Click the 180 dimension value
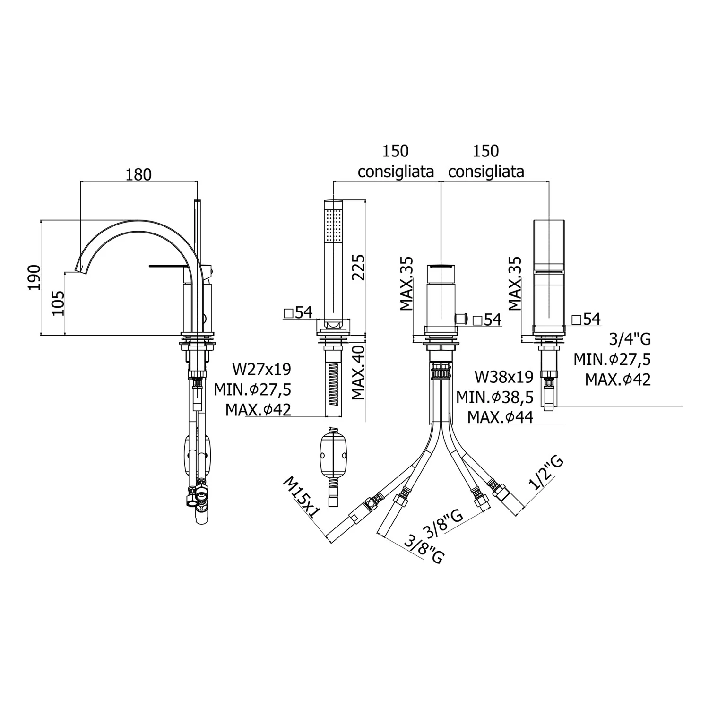(x=138, y=174)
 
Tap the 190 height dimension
(x=34, y=277)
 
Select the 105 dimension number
(x=57, y=303)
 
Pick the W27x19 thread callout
(x=261, y=369)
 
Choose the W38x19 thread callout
(x=504, y=377)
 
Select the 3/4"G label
(x=631, y=338)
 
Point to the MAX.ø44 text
(x=501, y=417)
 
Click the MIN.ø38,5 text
(x=495, y=397)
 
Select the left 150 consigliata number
(x=396, y=151)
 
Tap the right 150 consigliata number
(x=486, y=151)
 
